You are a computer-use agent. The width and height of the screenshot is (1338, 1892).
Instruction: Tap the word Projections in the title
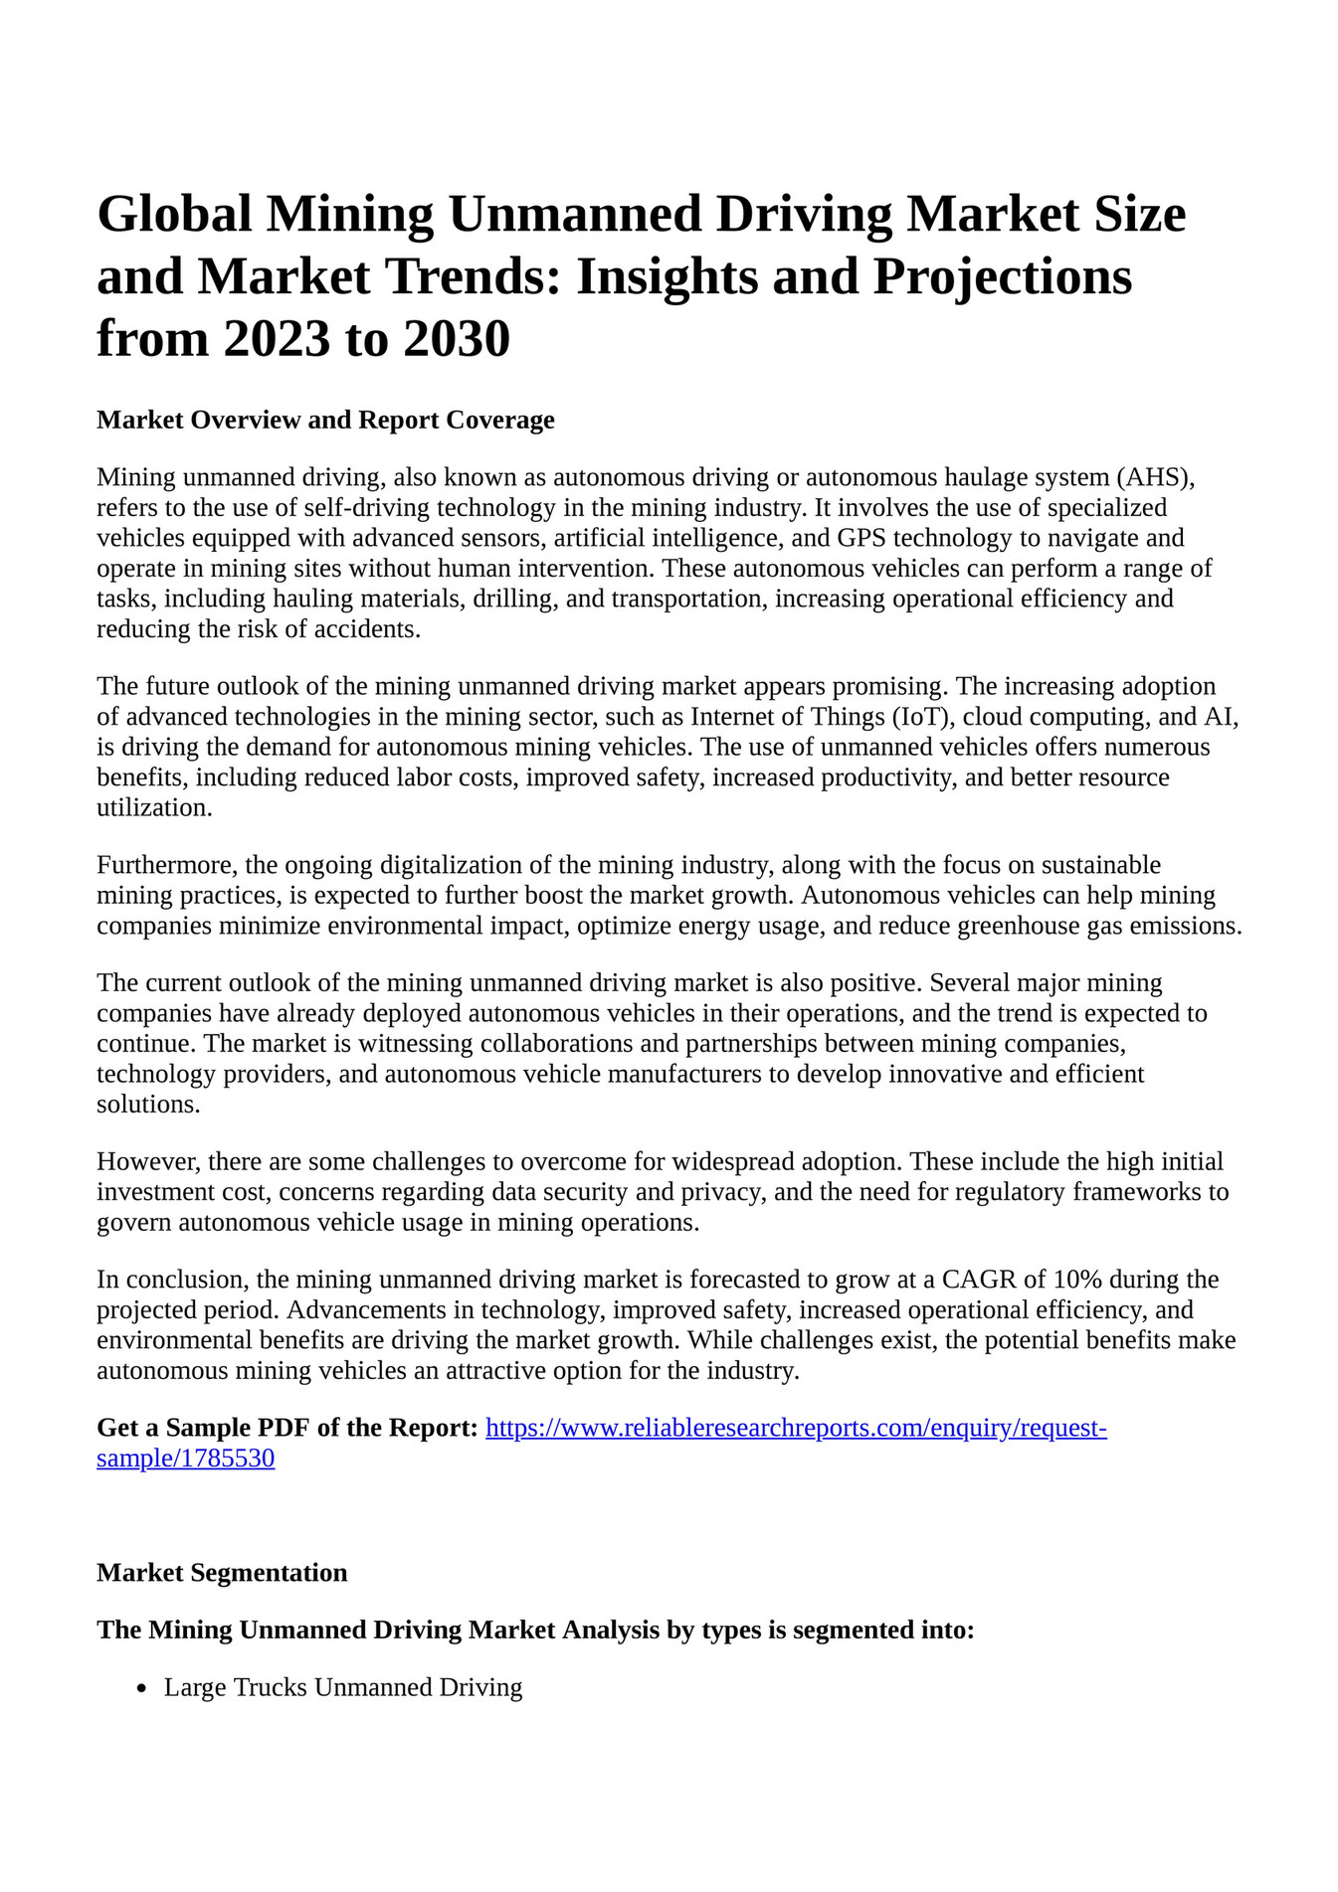point(1002,276)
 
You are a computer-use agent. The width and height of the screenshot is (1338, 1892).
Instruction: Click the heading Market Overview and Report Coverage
point(325,420)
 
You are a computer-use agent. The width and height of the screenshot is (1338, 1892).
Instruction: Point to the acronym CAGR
point(991,1279)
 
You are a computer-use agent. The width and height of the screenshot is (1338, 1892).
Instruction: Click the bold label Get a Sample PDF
point(287,1428)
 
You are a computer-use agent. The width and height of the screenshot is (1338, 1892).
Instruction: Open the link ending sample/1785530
point(185,1459)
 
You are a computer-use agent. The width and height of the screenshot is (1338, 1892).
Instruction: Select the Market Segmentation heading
point(222,1573)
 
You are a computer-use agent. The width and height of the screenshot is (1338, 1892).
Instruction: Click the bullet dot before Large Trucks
point(142,1688)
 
